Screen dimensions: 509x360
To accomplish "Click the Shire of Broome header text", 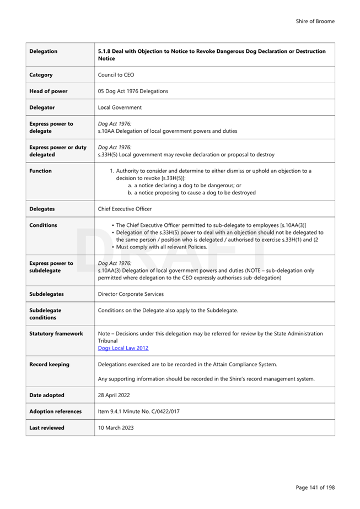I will tap(315, 21).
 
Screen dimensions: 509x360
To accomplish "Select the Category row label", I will tap(41, 75).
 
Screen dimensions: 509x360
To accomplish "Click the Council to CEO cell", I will tap(116, 75).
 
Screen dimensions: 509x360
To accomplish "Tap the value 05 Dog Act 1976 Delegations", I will tap(133, 91).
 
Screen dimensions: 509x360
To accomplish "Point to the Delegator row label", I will tap(42, 107).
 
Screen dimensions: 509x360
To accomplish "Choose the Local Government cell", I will tap(120, 107).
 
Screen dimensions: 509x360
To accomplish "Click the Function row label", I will tap(41, 171).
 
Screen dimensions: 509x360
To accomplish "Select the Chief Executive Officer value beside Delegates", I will tap(125, 209).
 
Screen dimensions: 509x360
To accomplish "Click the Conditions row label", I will tap(43, 225).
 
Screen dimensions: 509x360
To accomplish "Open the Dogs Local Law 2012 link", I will tap(123, 348).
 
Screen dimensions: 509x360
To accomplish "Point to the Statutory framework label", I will tap(56, 334).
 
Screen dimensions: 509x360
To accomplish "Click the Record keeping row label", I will tap(50, 364).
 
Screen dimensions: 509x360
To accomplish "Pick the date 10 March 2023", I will tap(115, 427).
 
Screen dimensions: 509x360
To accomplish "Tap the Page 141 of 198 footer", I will tap(315, 488).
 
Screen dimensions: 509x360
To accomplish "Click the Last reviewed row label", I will tap(47, 427).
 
